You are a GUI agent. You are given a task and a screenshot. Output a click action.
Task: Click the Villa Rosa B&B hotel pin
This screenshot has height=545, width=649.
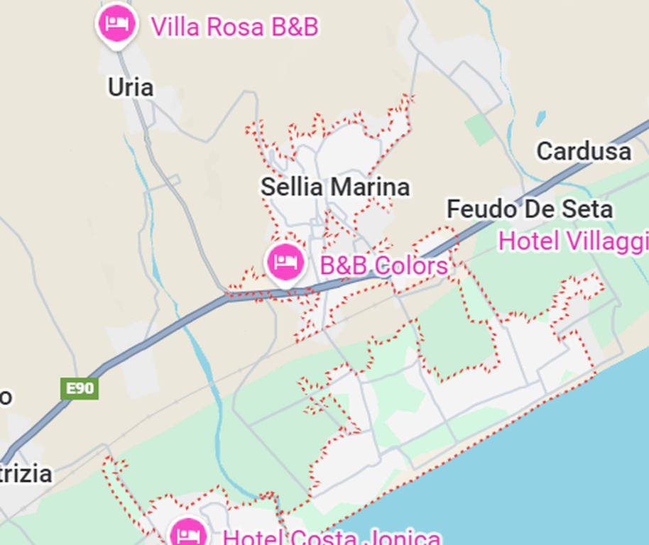[117, 25]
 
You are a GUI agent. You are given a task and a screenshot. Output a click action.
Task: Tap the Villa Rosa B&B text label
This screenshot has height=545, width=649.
[234, 27]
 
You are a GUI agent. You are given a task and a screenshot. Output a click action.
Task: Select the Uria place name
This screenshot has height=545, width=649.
[131, 87]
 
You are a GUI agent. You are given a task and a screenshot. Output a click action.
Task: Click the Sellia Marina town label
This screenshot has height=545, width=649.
[335, 187]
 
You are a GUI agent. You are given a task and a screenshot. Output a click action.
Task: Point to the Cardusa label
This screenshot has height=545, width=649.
[584, 151]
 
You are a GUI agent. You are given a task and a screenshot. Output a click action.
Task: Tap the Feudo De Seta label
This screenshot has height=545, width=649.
[529, 209]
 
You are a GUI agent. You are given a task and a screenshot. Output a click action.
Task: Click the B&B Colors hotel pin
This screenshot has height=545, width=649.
[285, 263]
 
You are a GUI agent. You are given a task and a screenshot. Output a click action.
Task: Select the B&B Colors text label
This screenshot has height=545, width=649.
[383, 265]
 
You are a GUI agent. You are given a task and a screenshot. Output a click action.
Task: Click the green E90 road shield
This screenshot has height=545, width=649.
[80, 388]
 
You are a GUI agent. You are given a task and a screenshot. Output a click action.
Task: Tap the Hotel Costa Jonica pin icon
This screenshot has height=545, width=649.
[188, 532]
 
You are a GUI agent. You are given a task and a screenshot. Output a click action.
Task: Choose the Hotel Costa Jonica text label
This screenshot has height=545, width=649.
[332, 537]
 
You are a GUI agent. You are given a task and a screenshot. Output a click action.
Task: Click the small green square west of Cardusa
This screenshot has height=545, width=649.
[480, 130]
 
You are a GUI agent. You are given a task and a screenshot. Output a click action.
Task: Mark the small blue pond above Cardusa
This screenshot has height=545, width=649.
[541, 118]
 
